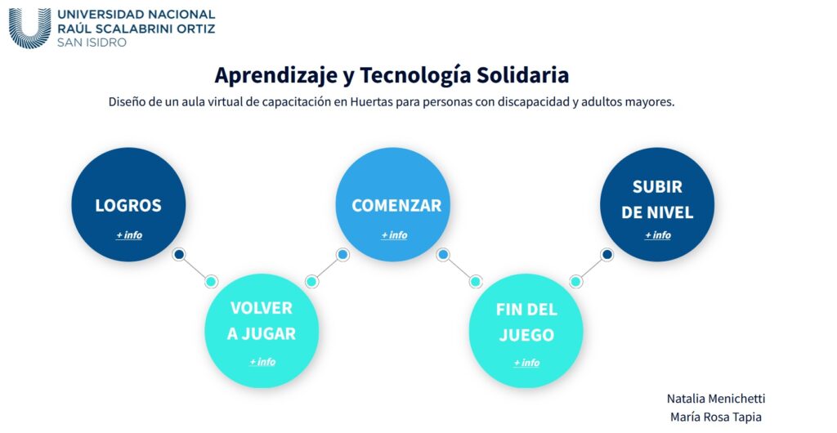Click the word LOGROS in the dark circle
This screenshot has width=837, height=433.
pyautogui.click(x=128, y=205)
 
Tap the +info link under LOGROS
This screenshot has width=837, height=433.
pyautogui.click(x=129, y=235)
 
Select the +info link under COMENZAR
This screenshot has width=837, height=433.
pyautogui.click(x=394, y=235)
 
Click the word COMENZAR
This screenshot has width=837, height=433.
pyautogui.click(x=396, y=205)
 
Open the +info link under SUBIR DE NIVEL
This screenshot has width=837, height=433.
pyautogui.click(x=658, y=235)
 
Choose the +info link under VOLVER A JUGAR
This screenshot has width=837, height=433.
pyautogui.click(x=262, y=362)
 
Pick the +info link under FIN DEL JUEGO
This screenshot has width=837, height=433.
pyautogui.click(x=526, y=363)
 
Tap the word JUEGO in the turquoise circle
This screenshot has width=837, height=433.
pyautogui.click(x=526, y=335)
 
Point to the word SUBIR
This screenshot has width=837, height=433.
pyautogui.click(x=657, y=186)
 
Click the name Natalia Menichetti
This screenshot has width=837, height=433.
pyautogui.click(x=716, y=399)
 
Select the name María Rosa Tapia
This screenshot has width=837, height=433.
pyautogui.click(x=716, y=417)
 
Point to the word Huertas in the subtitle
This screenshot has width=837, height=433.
pyautogui.click(x=371, y=101)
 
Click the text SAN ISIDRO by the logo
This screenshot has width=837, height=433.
pyautogui.click(x=92, y=42)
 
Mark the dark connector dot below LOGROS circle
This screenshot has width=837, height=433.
pyautogui.click(x=179, y=254)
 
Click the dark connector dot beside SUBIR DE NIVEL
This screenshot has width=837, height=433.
pyautogui.click(x=606, y=254)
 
